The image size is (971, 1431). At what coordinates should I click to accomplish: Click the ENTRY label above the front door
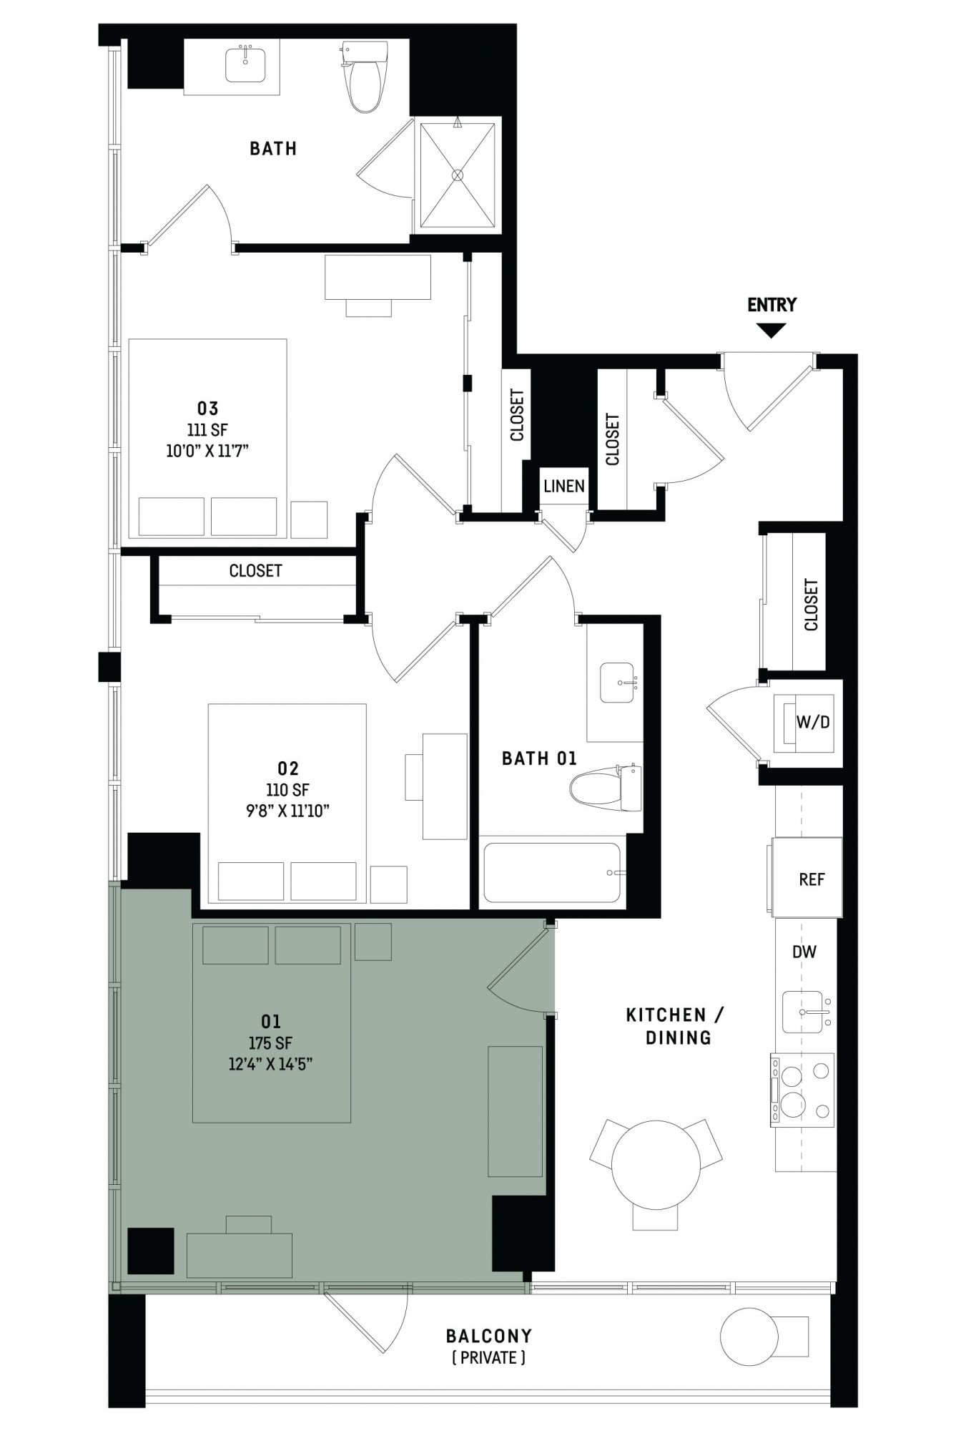pos(772,305)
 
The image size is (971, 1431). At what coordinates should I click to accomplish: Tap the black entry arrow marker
pos(772,330)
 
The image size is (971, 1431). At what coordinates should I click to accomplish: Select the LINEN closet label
pos(564,487)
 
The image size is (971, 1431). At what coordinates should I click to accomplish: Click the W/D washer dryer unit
pos(804,723)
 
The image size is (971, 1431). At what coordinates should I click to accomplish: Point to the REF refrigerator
pos(807,878)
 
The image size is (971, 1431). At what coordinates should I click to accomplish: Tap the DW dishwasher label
pos(804,952)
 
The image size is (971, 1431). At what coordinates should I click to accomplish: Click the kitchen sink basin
pos(803,1011)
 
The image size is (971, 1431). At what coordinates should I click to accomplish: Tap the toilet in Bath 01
pos(605,788)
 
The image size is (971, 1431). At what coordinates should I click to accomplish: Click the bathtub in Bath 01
pos(553,873)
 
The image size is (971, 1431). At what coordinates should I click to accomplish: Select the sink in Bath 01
pos(617,683)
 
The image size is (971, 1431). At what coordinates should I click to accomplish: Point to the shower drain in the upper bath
pos(458,175)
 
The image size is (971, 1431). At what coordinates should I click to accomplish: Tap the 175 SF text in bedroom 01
pos(270,1043)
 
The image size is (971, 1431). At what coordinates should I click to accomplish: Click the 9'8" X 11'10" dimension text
pos(287,811)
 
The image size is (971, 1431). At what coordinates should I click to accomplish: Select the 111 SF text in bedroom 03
pos(207,430)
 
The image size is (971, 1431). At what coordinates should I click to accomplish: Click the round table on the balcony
pos(749,1336)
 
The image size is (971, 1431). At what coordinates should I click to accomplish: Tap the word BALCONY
pos(489,1336)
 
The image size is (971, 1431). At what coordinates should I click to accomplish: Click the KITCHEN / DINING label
pos(676,1026)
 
